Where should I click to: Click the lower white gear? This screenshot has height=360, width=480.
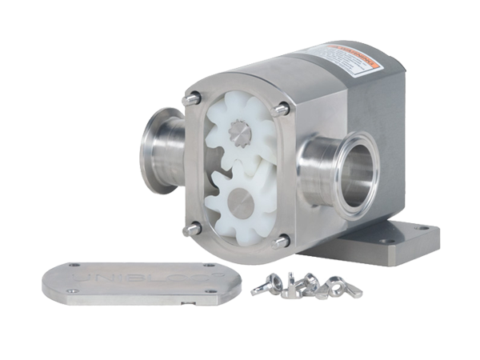pos(244,208)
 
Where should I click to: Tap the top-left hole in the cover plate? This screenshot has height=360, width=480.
pos(74,266)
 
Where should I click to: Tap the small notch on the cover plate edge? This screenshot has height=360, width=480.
pos(186,303)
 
